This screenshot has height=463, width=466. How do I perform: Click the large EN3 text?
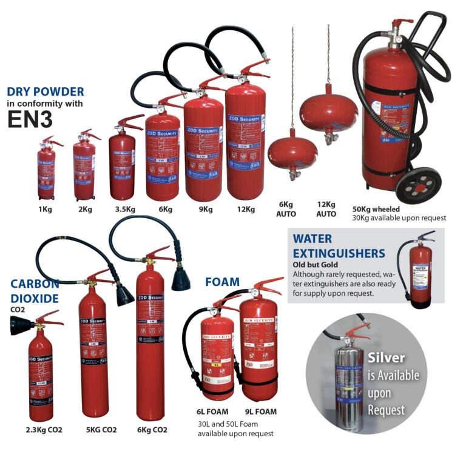click(x=30, y=118)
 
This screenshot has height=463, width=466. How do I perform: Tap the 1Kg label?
click(x=46, y=210)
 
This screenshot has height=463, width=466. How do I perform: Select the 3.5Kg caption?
click(x=123, y=210)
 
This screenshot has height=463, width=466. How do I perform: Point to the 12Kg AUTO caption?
click(x=326, y=210)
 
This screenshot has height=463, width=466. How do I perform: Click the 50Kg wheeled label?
click(x=376, y=209)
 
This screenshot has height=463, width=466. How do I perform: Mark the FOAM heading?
click(x=221, y=282)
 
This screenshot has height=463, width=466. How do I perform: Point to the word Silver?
click(x=386, y=358)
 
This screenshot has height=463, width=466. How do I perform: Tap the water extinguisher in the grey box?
click(x=420, y=270)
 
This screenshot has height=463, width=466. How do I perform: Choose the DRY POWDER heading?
click(x=45, y=92)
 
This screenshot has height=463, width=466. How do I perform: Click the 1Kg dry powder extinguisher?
click(x=46, y=170)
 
